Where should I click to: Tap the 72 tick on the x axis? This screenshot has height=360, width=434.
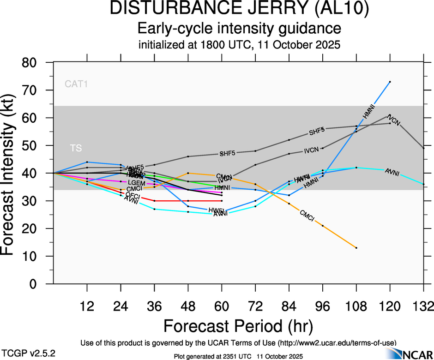coord(255,306)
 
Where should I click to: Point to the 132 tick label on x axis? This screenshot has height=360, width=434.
coord(423,306)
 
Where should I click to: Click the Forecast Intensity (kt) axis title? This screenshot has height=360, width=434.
coord(12,173)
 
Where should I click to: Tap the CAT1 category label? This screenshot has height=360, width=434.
coord(76,84)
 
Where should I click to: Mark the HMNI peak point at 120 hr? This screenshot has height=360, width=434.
coord(390,82)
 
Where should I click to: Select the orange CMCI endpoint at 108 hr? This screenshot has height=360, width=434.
coord(356,248)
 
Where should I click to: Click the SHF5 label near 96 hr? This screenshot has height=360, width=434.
coord(317,132)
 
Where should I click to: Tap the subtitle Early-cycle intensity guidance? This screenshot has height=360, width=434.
coord(239,29)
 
